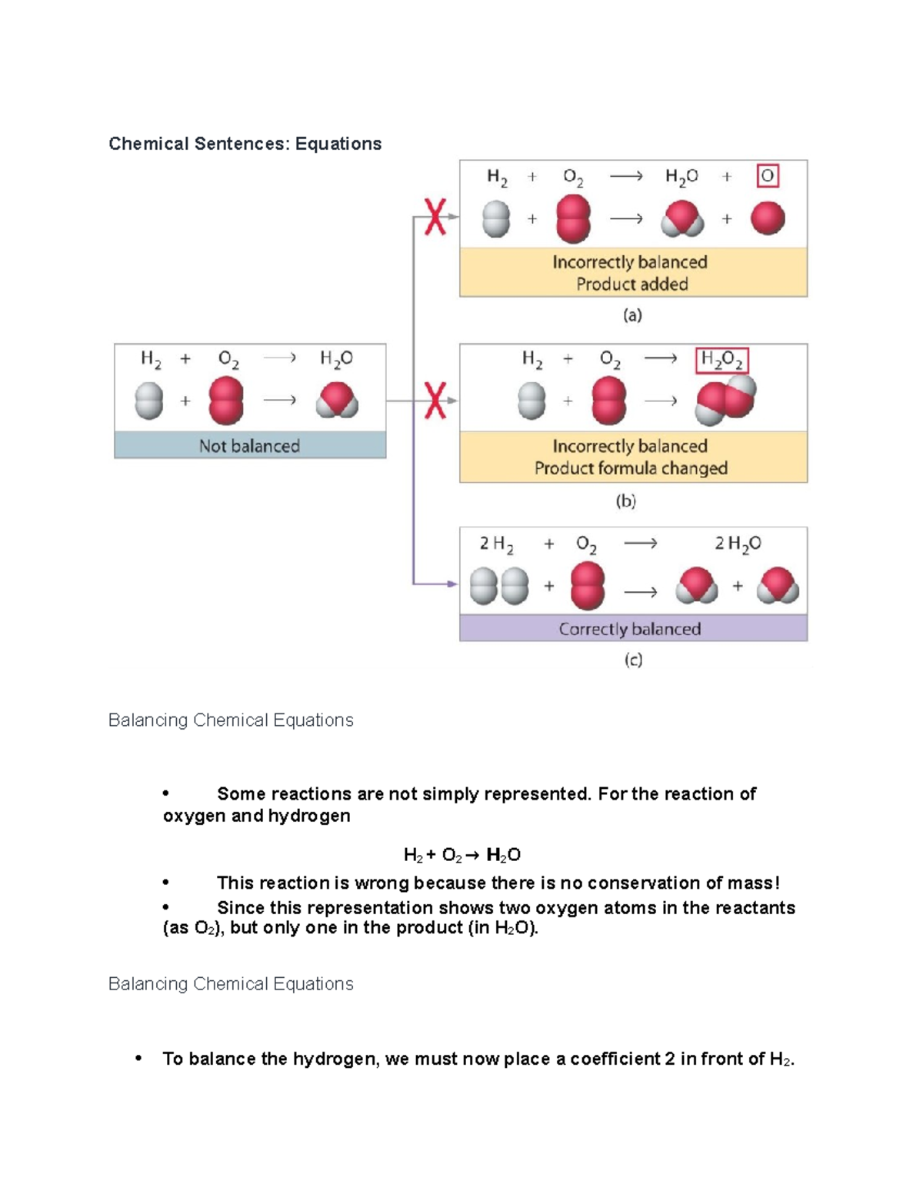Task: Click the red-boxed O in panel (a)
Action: (x=768, y=176)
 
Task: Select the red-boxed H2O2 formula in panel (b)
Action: (x=721, y=360)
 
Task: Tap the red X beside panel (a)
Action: (x=435, y=216)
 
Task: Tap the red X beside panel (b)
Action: (x=435, y=401)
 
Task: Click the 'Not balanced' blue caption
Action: (x=249, y=446)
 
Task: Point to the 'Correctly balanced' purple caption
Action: (x=630, y=629)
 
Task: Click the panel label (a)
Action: (x=632, y=315)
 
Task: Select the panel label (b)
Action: (x=625, y=501)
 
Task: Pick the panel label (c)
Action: (x=633, y=660)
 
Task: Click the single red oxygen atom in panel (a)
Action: (x=767, y=218)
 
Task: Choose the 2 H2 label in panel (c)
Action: (x=496, y=544)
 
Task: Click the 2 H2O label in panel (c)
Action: (x=738, y=544)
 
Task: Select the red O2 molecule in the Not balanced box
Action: (x=226, y=401)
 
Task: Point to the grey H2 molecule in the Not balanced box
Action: (x=149, y=401)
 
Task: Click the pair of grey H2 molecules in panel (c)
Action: (x=499, y=586)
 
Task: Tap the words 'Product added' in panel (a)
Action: (x=632, y=284)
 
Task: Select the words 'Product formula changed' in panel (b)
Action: (x=631, y=468)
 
